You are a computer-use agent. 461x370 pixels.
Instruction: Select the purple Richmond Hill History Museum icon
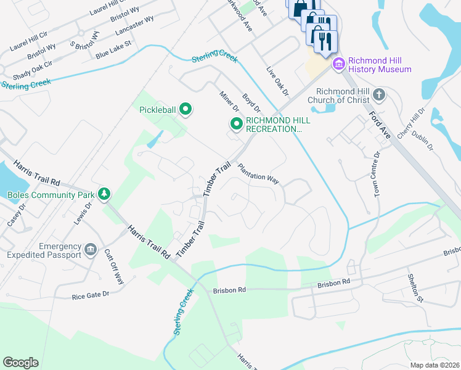pos(338,64)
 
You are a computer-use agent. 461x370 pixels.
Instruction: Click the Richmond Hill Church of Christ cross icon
pos(379,95)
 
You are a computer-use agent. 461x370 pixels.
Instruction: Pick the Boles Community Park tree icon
pos(105,194)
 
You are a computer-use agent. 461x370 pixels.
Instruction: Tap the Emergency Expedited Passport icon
pos(91,250)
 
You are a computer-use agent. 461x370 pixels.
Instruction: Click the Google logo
pos(20,362)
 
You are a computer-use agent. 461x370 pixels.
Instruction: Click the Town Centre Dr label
pos(377,173)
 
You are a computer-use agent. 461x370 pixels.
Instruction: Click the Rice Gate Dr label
pos(90,295)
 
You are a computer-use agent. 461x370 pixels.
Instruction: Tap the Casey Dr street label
pos(12,216)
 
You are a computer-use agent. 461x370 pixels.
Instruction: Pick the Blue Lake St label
pos(114,50)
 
